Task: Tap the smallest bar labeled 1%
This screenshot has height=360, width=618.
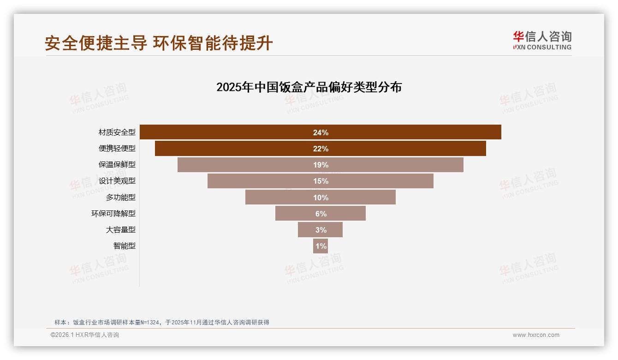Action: [321, 246]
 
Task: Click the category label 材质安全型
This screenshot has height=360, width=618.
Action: [117, 132]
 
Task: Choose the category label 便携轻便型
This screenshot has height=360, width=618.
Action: [117, 149]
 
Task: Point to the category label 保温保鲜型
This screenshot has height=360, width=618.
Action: [117, 165]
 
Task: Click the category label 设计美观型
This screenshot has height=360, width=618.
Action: [117, 181]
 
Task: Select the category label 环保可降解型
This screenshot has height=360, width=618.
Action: [113, 213]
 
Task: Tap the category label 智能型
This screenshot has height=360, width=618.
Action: [125, 246]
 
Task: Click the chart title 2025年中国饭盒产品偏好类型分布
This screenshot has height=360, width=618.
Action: [309, 87]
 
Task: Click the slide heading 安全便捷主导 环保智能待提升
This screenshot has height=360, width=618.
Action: [159, 43]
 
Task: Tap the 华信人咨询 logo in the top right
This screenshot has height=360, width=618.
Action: [542, 40]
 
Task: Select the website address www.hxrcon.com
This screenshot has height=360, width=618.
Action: [536, 335]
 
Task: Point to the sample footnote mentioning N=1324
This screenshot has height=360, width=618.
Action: [161, 323]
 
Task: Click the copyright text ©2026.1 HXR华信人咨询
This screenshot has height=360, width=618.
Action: [85, 335]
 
